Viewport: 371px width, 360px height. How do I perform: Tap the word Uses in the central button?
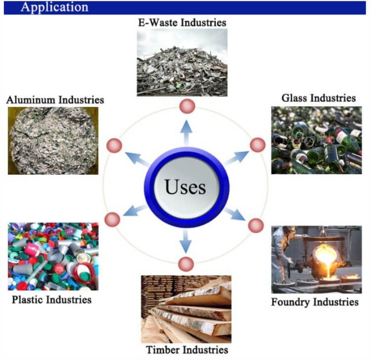pyautogui.click(x=185, y=188)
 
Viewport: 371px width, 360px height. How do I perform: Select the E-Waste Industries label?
pyautogui.click(x=182, y=22)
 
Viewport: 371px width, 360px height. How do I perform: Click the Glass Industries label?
pyautogui.click(x=319, y=98)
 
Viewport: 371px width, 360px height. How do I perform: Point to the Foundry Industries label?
pyautogui.click(x=315, y=301)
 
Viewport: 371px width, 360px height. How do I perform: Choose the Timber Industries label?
pyautogui.click(x=187, y=350)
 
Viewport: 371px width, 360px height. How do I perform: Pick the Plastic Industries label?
pyautogui.click(x=52, y=299)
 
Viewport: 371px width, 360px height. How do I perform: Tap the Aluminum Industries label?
pyautogui.click(x=55, y=100)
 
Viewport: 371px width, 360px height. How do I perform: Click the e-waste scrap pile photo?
pyautogui.click(x=182, y=62)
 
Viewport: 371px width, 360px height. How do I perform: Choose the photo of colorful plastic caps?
pyautogui.click(x=53, y=256)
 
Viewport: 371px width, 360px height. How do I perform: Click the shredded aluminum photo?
pyautogui.click(x=53, y=140)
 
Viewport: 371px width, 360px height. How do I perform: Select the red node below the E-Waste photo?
pyautogui.click(x=187, y=105)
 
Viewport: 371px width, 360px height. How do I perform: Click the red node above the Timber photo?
pyautogui.click(x=186, y=264)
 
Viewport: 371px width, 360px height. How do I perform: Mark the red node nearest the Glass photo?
pyautogui.click(x=258, y=145)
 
